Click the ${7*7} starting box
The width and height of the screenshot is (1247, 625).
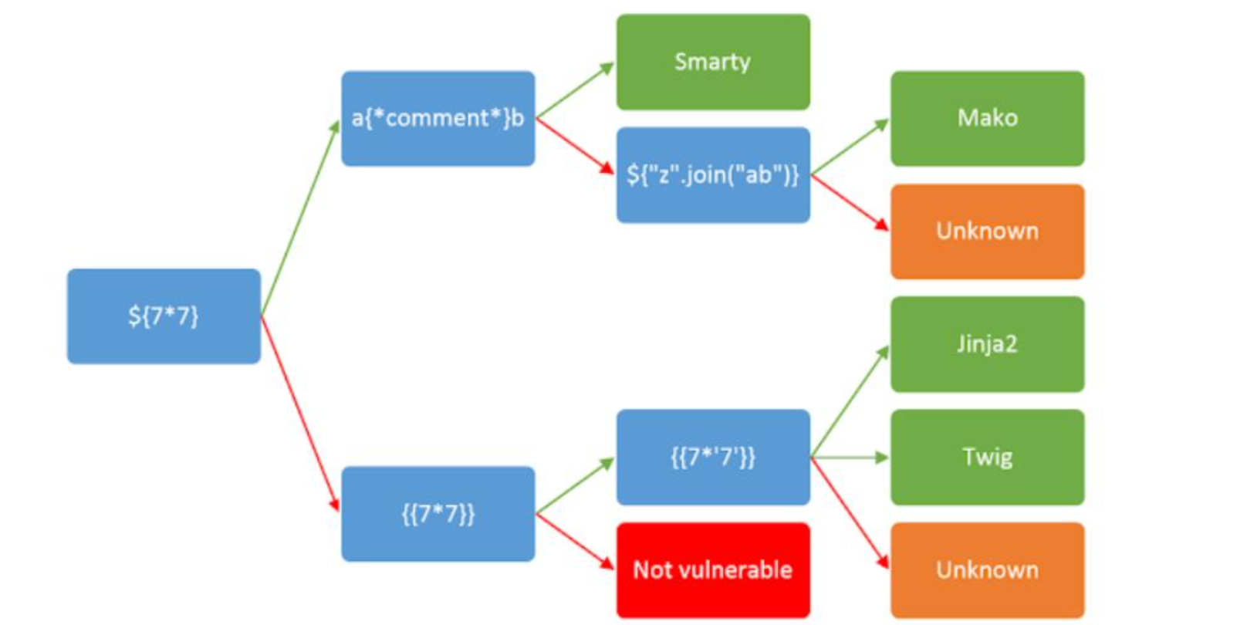[164, 316]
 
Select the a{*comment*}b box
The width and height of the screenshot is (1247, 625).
[438, 119]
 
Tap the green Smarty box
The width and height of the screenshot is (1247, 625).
[712, 62]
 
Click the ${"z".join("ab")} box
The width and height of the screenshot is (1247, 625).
[712, 175]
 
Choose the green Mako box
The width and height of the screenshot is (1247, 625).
[987, 119]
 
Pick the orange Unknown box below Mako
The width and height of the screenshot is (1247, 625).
[987, 231]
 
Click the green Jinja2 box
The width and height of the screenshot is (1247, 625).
[987, 344]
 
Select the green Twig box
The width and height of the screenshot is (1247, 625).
[987, 458]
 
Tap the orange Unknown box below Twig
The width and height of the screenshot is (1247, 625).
[987, 570]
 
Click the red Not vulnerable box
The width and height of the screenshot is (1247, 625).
[712, 570]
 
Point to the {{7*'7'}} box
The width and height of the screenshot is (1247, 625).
[712, 458]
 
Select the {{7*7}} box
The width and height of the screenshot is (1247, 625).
[438, 514]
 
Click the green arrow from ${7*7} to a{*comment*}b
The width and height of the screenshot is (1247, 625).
[300, 218]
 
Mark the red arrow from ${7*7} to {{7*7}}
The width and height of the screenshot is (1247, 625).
[300, 413]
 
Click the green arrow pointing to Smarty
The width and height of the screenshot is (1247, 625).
[575, 91]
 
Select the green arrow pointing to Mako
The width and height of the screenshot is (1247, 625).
[850, 147]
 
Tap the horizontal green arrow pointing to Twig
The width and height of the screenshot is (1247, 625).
[850, 458]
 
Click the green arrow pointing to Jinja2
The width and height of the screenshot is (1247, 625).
[850, 402]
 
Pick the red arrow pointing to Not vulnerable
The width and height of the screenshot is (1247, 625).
[575, 542]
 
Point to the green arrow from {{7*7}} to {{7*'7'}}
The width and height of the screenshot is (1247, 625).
[575, 486]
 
